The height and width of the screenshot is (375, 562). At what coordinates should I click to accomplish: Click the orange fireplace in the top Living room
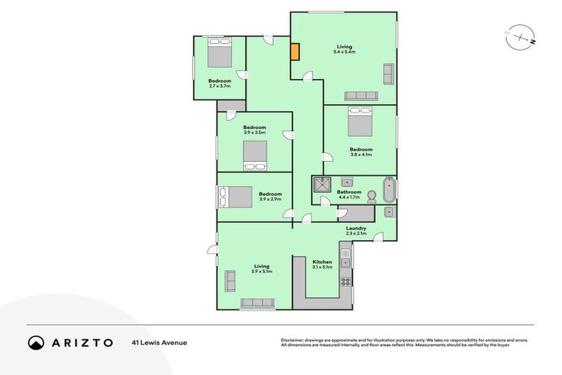(x=295, y=52)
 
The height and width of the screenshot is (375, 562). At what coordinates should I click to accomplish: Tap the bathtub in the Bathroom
(x=389, y=190)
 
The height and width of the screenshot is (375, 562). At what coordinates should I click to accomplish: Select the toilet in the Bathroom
(x=372, y=196)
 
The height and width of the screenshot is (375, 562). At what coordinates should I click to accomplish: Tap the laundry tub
(x=389, y=212)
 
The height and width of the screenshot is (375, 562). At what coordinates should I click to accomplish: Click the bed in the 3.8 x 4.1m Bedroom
(x=359, y=122)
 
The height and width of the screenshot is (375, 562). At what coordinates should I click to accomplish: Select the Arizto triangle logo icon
(x=36, y=342)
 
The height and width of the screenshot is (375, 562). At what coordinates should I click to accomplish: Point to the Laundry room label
(x=356, y=228)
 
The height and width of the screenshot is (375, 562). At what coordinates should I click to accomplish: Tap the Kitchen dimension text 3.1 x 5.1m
(x=322, y=267)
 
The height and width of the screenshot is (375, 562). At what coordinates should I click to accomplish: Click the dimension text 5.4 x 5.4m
(x=344, y=51)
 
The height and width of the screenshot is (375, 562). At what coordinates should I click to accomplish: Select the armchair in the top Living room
(x=389, y=73)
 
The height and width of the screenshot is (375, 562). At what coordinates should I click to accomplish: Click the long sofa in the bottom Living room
(x=258, y=303)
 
